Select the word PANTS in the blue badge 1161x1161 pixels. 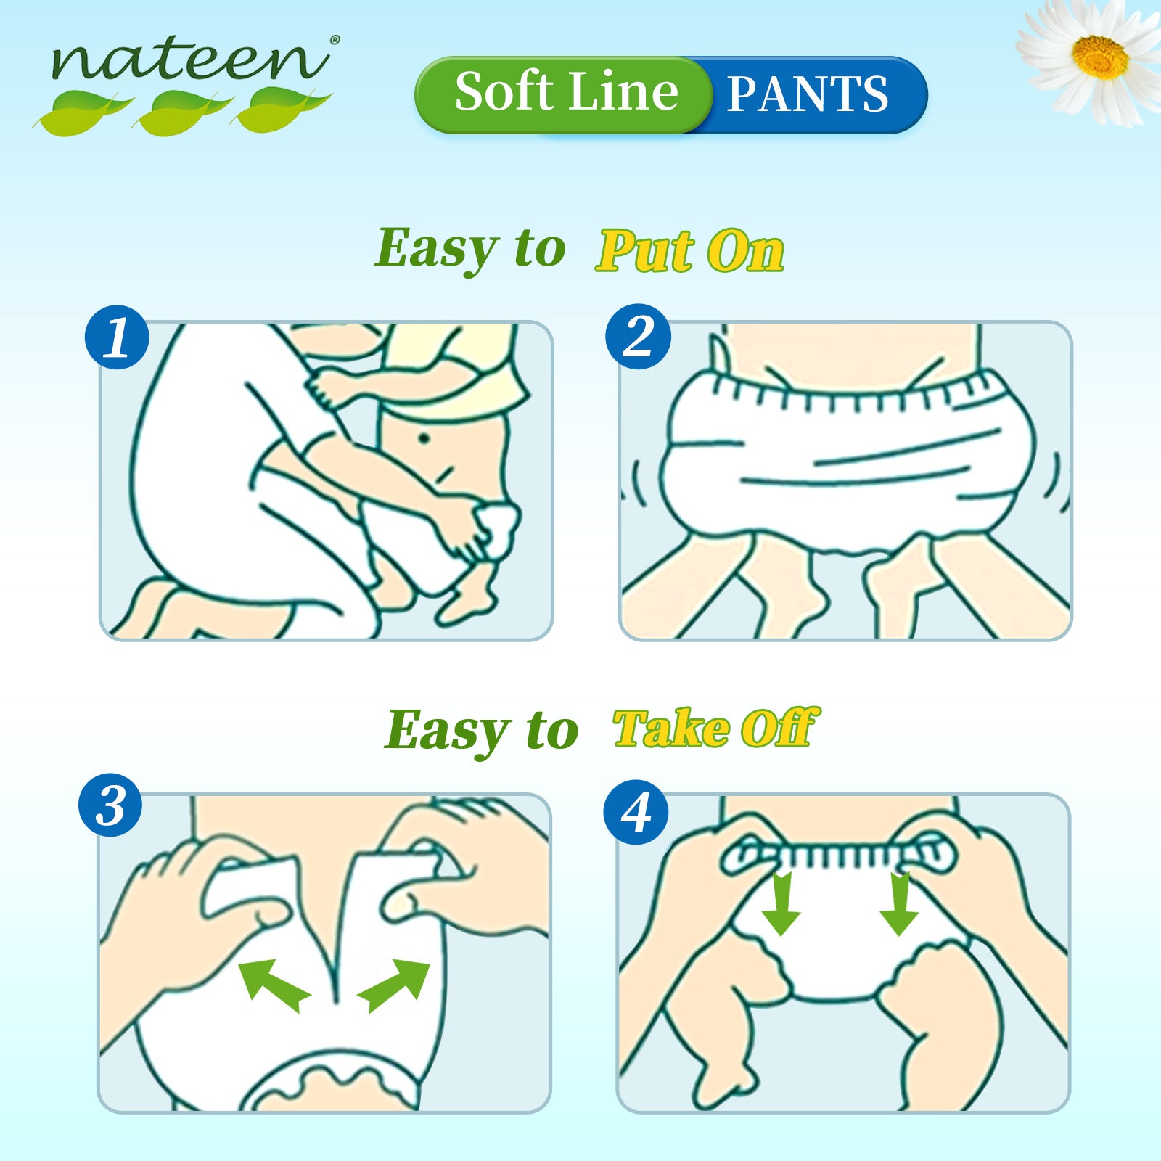point(807,94)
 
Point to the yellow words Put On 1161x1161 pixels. point(690,251)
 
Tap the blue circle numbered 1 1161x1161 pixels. point(117,337)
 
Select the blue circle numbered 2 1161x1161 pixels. point(638,337)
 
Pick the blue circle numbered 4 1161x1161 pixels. point(636,811)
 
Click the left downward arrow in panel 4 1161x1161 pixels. point(781,903)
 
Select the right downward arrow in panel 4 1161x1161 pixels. point(900,903)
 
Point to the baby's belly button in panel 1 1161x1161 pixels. point(425,438)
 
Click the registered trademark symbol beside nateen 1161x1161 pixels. point(334,41)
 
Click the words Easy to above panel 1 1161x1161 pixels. point(470,248)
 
